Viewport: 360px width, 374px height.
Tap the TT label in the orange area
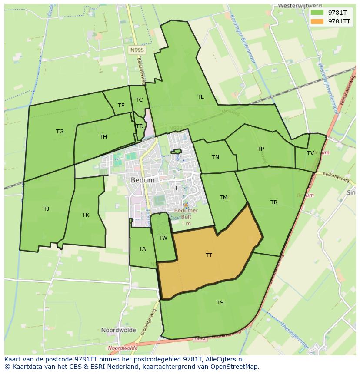click(x=209, y=255)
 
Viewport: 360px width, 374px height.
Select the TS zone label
click(x=220, y=303)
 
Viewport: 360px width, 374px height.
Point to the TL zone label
click(x=200, y=97)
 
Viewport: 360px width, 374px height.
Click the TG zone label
click(x=60, y=132)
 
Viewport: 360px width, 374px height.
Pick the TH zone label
click(x=103, y=137)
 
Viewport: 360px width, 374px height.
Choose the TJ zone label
click(x=47, y=209)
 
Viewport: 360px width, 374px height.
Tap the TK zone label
click(x=86, y=215)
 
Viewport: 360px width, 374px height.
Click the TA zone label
click(x=143, y=249)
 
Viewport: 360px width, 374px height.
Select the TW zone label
click(x=163, y=238)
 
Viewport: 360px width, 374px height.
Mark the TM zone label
click(x=223, y=198)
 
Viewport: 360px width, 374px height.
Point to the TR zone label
click(x=274, y=202)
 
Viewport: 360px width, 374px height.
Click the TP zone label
click(x=260, y=149)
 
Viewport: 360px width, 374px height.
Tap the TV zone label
click(x=310, y=153)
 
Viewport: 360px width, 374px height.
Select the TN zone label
click(x=215, y=157)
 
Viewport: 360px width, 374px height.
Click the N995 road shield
click(x=137, y=50)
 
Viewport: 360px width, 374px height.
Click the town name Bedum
click(x=143, y=180)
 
